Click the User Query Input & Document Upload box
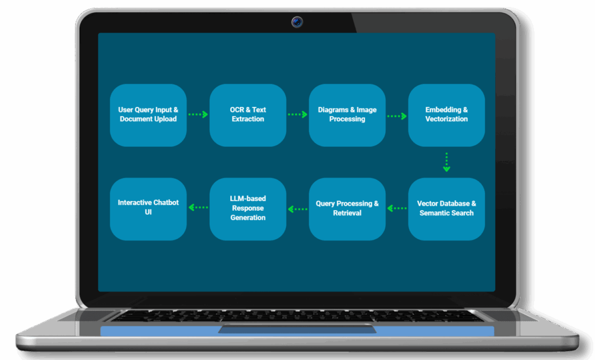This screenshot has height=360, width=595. [x=148, y=115]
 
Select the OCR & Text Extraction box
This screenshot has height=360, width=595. [x=248, y=115]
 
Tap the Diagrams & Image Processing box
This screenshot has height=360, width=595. [x=347, y=115]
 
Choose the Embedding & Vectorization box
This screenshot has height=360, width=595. [x=446, y=115]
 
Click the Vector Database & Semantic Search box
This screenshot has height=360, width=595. [x=446, y=209]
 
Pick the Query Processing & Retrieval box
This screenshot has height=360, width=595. [x=347, y=209]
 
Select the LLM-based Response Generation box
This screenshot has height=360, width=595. [x=248, y=209]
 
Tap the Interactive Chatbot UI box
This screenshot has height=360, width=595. [x=148, y=209]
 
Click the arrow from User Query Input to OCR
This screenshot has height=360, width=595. [x=198, y=115]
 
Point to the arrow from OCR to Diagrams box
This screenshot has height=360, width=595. [x=297, y=115]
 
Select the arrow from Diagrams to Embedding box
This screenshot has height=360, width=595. [x=397, y=116]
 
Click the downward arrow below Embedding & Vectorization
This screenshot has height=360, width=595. [x=446, y=162]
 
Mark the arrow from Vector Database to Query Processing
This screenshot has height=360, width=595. [x=397, y=208]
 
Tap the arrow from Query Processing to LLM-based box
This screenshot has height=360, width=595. [x=298, y=208]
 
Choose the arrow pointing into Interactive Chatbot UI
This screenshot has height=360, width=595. [x=199, y=207]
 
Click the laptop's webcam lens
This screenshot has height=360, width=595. [x=297, y=23]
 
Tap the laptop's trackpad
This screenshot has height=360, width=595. [x=297, y=329]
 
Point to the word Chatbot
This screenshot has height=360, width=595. [x=166, y=203]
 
